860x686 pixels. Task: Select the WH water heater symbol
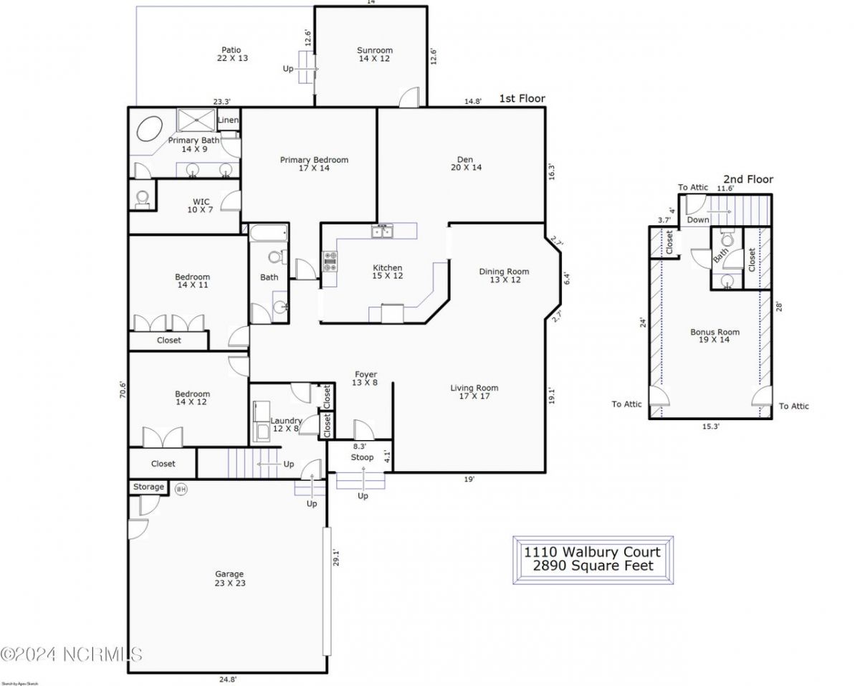tap(181, 489)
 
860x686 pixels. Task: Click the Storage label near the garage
tap(148, 487)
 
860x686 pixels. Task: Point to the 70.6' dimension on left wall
tap(123, 389)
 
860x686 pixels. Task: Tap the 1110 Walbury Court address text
tap(592, 552)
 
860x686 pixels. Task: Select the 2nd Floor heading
tap(747, 179)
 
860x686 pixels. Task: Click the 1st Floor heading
tap(522, 99)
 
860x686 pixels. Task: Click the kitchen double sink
tap(381, 231)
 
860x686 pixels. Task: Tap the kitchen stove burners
tap(330, 262)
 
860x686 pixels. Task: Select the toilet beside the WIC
tap(142, 197)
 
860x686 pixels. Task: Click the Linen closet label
tap(228, 120)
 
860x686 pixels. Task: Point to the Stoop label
tap(362, 457)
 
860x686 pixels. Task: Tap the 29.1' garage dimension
tap(335, 558)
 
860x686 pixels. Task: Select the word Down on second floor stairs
tap(698, 220)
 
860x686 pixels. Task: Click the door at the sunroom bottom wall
tap(408, 98)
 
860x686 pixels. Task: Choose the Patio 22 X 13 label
tap(232, 54)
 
